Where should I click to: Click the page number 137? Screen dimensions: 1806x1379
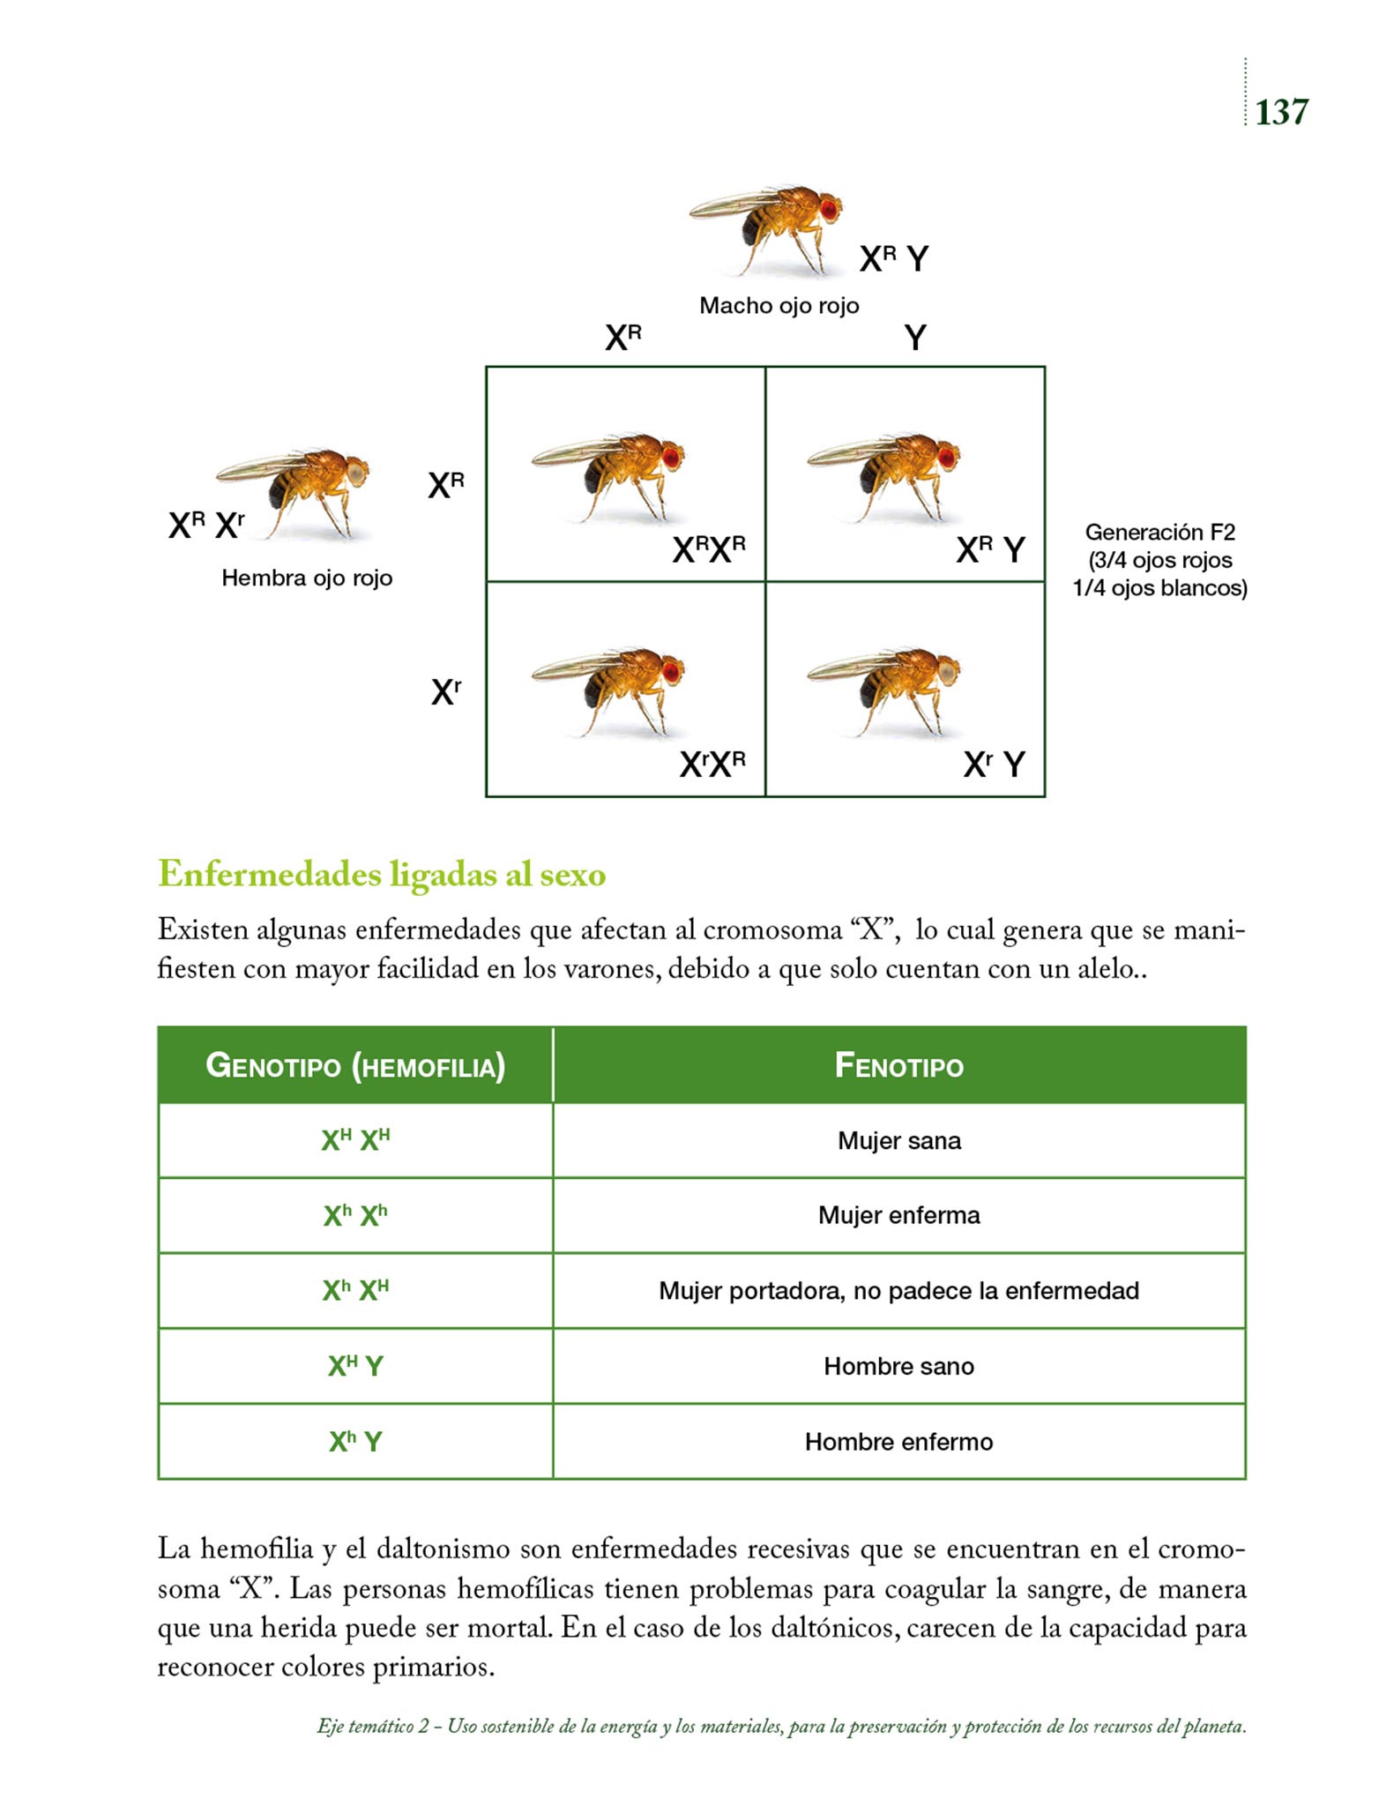pos(1281,112)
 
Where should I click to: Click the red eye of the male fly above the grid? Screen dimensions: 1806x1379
pos(830,209)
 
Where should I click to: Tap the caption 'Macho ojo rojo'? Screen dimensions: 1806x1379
pos(779,306)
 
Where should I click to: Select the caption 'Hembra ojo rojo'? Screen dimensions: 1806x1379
pos(307,578)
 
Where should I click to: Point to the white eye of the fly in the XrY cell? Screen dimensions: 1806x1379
pos(947,673)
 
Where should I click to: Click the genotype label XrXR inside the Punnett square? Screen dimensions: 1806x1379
pos(712,764)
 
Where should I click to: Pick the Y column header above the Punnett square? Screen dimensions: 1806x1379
pos(915,338)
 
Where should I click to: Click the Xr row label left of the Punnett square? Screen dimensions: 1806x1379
pos(446,692)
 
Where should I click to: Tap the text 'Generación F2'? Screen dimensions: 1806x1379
pos(1159,533)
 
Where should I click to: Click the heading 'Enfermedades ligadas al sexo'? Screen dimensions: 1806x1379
pos(382,875)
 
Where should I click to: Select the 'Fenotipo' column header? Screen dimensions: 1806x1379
pos(898,1066)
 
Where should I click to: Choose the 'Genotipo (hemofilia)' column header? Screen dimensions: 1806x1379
pos(355,1066)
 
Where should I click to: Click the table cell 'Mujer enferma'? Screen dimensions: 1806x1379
pos(898,1215)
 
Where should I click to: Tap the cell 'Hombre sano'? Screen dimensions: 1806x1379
pos(898,1366)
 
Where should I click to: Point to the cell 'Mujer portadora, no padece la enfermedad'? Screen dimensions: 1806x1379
pos(898,1291)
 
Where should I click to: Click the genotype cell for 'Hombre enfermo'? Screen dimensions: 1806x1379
pos(355,1442)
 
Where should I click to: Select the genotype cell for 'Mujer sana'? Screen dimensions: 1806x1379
pos(355,1140)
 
